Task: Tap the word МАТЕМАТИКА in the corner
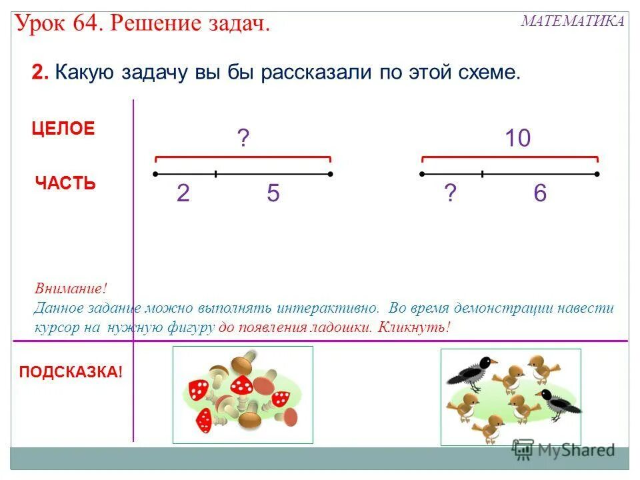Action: pos(573,21)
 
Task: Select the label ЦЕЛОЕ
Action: pos(63,129)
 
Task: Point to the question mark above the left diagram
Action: pos(243,139)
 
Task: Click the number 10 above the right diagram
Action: pos(517,139)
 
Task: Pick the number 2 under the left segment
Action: pos(183,194)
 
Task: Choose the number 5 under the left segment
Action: pos(273,194)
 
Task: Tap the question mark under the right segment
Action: pos(451,194)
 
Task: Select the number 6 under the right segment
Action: pos(540,194)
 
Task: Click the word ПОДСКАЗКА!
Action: pos(71,372)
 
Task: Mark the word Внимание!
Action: pos(70,289)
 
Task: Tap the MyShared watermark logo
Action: pos(563,450)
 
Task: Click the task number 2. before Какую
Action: pos(40,73)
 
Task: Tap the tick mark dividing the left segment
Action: pos(215,174)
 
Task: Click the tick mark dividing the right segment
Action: pos(482,174)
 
